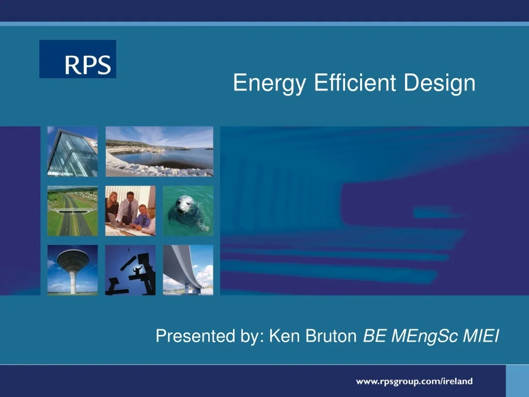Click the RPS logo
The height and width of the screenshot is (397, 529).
click(77, 59)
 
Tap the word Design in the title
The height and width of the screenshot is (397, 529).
click(440, 83)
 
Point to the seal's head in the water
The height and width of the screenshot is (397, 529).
click(184, 205)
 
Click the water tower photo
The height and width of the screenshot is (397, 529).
click(72, 270)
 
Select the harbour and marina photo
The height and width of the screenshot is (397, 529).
click(159, 151)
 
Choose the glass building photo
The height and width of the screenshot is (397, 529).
click(72, 151)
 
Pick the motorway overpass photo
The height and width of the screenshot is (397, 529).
click(72, 211)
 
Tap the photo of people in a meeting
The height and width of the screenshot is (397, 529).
click(130, 211)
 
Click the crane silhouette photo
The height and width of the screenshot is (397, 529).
click(130, 270)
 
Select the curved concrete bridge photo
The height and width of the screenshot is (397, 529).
click(188, 270)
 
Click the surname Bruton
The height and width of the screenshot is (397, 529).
click(332, 337)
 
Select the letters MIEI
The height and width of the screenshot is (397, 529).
click(480, 337)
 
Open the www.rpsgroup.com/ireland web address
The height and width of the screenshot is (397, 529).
click(414, 381)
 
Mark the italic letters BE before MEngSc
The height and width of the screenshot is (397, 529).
click(373, 337)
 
